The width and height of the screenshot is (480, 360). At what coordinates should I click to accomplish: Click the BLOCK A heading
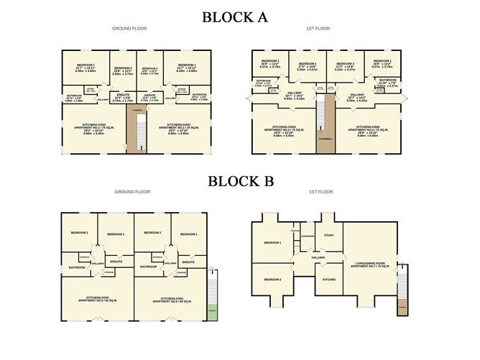(x=240, y=17)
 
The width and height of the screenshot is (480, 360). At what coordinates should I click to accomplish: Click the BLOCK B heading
(x=240, y=181)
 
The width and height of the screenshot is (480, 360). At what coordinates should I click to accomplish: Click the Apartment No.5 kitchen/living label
(x=96, y=299)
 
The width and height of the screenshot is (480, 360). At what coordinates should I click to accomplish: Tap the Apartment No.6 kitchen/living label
(x=171, y=299)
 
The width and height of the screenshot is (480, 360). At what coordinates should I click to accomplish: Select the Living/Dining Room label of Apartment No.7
(x=371, y=264)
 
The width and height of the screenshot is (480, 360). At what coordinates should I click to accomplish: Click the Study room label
(x=329, y=235)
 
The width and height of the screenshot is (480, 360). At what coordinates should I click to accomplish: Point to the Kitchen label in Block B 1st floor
(x=329, y=279)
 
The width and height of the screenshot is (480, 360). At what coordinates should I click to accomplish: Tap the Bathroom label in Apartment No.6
(x=149, y=267)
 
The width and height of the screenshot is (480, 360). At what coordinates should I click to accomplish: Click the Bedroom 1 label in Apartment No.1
(x=86, y=67)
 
